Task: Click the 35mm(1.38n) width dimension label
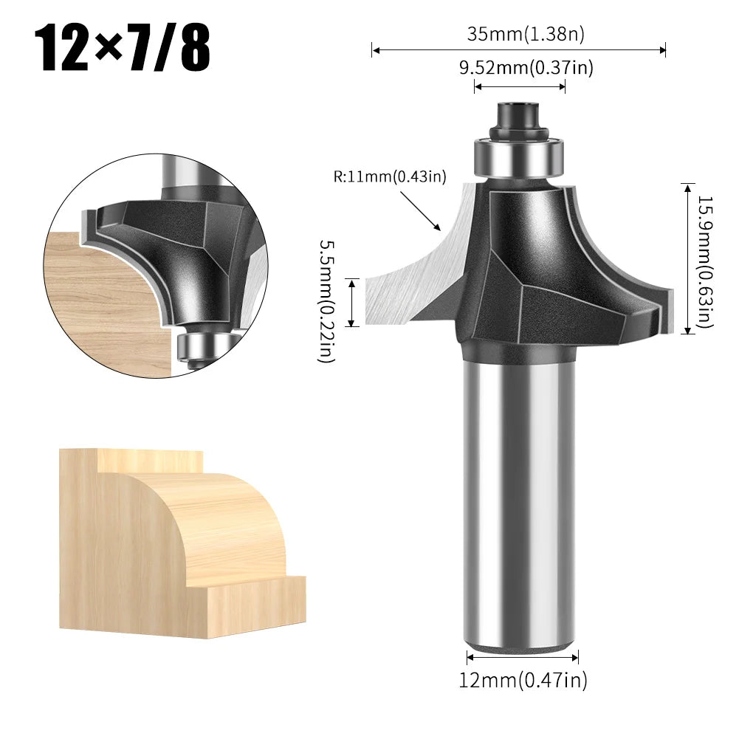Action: click(x=520, y=34)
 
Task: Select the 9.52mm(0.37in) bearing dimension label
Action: click(x=526, y=68)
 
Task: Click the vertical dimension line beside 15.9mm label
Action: click(x=688, y=258)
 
